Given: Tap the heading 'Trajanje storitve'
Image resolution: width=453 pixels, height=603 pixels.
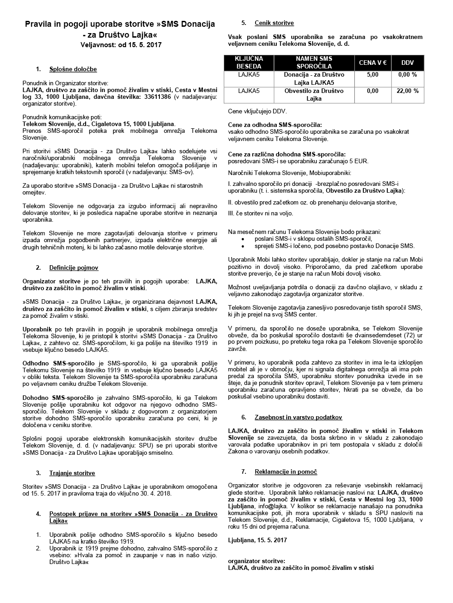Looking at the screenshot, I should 72,473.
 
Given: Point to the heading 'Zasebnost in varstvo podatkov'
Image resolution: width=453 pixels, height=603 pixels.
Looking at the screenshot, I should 299,417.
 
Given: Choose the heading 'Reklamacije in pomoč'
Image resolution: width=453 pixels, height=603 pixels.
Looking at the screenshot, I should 286,472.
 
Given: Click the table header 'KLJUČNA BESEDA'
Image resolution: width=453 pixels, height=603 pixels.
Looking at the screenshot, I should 249,63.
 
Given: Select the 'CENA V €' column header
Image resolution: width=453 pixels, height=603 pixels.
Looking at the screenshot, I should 372,63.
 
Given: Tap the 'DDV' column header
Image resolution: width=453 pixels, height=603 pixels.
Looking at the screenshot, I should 407,63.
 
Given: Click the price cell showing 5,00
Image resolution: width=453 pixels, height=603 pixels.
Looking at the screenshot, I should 372,75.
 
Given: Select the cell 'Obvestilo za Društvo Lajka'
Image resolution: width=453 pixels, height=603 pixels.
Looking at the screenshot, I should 314,95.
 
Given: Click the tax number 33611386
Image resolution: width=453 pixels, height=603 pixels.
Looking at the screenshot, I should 155,97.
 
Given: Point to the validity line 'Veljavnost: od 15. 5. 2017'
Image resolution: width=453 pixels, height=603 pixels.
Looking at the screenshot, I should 120,45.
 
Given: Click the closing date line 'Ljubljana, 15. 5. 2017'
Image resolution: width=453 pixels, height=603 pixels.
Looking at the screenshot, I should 257,540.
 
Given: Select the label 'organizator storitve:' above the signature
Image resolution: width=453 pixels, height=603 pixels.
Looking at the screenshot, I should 256,561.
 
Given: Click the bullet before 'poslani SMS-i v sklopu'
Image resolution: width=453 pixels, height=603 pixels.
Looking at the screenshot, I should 244,238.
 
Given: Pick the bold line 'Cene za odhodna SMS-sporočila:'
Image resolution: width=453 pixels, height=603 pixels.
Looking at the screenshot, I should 275,125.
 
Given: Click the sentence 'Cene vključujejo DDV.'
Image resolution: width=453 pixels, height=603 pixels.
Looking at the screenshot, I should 257,111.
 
